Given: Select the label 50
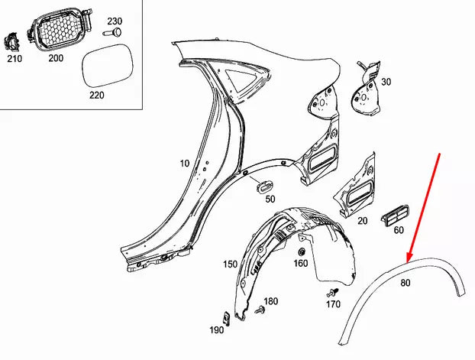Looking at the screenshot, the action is (x=270, y=199).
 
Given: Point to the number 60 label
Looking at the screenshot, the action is (x=398, y=229).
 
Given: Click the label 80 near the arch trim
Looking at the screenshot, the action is (x=406, y=282).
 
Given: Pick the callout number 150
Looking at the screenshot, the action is (x=229, y=264).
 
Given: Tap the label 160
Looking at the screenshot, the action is (x=301, y=264).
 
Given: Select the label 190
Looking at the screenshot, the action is (x=216, y=329).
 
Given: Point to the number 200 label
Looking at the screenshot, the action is (x=55, y=58).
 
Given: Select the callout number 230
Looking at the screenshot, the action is (x=114, y=21).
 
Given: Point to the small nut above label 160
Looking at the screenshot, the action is (x=301, y=251).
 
